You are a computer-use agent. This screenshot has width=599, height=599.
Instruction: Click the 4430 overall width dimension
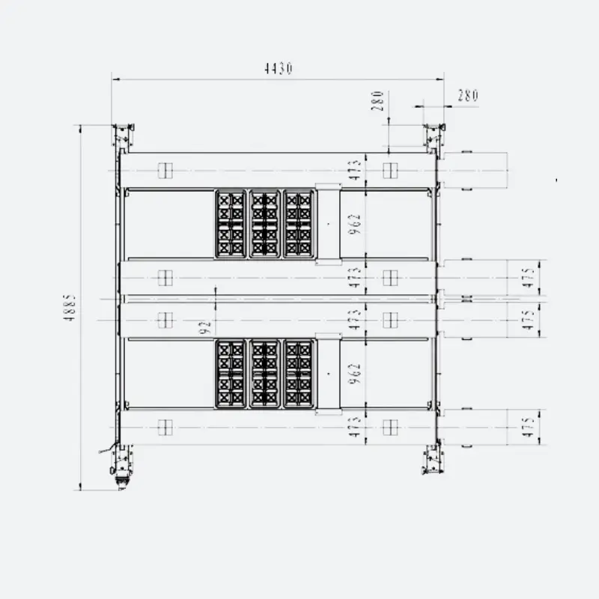point(278,69)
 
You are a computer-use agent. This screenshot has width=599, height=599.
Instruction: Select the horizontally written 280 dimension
point(467,95)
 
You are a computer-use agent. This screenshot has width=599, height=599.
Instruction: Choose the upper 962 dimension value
point(355,224)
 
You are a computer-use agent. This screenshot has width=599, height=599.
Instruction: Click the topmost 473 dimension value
point(355,170)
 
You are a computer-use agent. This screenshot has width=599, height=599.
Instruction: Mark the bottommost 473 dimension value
point(355,427)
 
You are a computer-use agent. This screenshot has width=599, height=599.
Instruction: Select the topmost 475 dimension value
point(528,276)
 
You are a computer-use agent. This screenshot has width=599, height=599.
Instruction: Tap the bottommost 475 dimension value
point(528,427)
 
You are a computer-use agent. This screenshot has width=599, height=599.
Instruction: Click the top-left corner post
point(122,137)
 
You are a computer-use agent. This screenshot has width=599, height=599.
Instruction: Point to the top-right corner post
point(433,137)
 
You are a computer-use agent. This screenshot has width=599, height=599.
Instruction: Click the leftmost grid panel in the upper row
point(231,223)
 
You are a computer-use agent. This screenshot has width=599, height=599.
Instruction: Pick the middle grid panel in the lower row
point(264,374)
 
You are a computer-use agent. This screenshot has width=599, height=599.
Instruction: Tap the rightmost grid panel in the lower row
point(299,374)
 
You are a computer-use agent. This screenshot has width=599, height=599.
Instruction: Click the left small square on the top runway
point(165,171)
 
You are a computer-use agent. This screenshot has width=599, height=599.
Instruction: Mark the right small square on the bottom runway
point(389,427)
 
